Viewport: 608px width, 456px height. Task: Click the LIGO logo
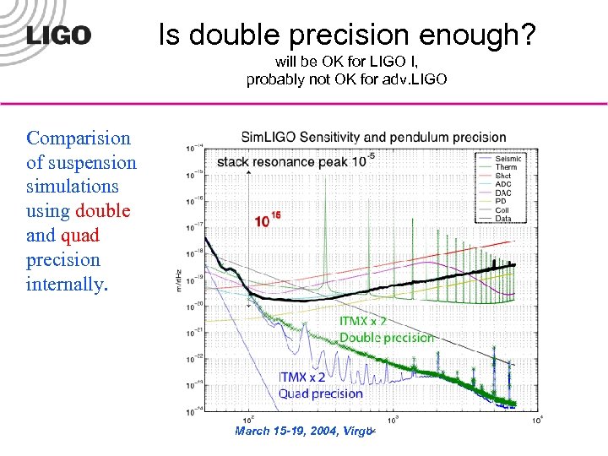pyautogui.click(x=58, y=35)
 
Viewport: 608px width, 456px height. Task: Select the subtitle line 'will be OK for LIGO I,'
pyautogui.click(x=345, y=62)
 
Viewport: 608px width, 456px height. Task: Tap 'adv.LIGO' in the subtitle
pyautogui.click(x=420, y=80)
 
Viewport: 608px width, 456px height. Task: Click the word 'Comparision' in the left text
pyautogui.click(x=79, y=138)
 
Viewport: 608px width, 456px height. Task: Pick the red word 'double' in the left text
pyautogui.click(x=103, y=211)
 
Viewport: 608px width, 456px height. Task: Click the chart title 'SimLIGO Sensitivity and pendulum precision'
pyautogui.click(x=373, y=137)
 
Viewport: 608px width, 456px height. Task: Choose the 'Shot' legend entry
pyautogui.click(x=503, y=176)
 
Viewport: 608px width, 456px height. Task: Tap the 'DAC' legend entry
pyautogui.click(x=503, y=193)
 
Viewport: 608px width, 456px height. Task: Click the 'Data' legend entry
pyautogui.click(x=503, y=218)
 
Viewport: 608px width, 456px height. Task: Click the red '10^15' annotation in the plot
pyautogui.click(x=268, y=220)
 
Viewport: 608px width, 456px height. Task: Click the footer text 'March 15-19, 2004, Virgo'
pyautogui.click(x=304, y=432)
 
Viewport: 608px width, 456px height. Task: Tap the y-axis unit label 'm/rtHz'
pyautogui.click(x=178, y=278)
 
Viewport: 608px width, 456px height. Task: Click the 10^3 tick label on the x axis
pyautogui.click(x=393, y=420)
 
